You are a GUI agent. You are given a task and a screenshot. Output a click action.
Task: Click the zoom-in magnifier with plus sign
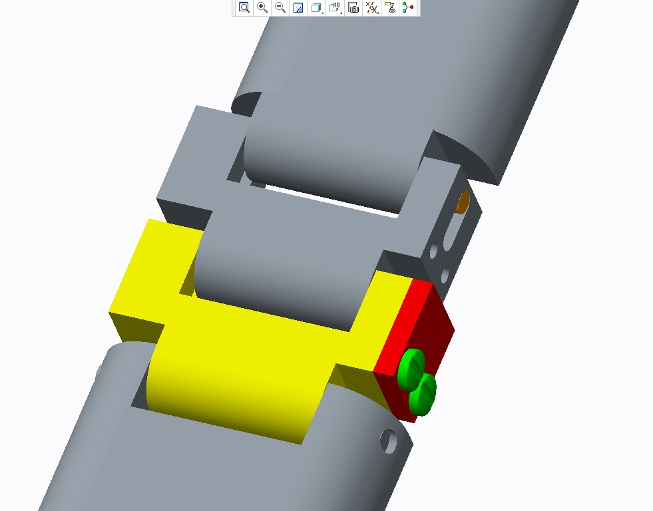coord(262,8)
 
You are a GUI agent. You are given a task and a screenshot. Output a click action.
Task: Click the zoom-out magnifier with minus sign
coord(280,8)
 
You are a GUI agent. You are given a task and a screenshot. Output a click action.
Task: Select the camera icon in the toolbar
coord(353,8)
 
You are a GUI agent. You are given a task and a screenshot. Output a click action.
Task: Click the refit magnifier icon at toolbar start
coord(244,8)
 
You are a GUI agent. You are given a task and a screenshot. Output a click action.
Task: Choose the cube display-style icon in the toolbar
coord(317,8)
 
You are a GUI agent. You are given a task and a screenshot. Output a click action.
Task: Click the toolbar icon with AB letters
coord(335,8)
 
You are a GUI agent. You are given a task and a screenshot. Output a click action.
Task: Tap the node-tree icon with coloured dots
coord(408,8)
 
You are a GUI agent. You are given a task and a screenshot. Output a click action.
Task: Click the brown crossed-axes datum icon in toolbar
coord(371,8)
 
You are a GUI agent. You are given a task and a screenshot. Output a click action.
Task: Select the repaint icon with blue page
coord(298,8)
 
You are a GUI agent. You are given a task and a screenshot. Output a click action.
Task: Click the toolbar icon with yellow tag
coord(390,8)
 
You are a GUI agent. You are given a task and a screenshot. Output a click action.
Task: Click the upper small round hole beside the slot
coord(434,250)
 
